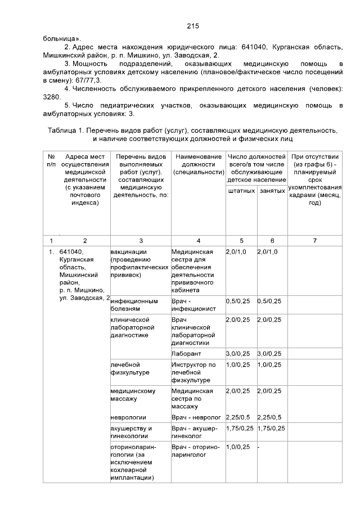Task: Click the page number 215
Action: [x=193, y=26]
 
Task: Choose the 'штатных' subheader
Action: [x=241, y=192]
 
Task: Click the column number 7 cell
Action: [x=314, y=241]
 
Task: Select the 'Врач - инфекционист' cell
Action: [x=190, y=304]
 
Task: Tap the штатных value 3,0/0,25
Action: [x=238, y=353]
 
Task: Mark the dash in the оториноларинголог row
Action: [x=258, y=447]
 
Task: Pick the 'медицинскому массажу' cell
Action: [x=133, y=394]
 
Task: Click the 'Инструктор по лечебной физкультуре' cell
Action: [x=193, y=372]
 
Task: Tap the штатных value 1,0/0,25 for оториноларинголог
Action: [x=238, y=447]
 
